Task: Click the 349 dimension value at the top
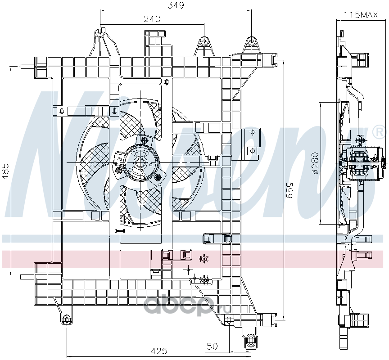coord(176,5)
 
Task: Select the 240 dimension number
coord(152,19)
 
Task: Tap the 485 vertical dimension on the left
coord(5,171)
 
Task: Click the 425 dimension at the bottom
coord(159,351)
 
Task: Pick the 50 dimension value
coord(212,346)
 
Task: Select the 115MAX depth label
coord(361,15)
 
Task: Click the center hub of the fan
coord(140,162)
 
